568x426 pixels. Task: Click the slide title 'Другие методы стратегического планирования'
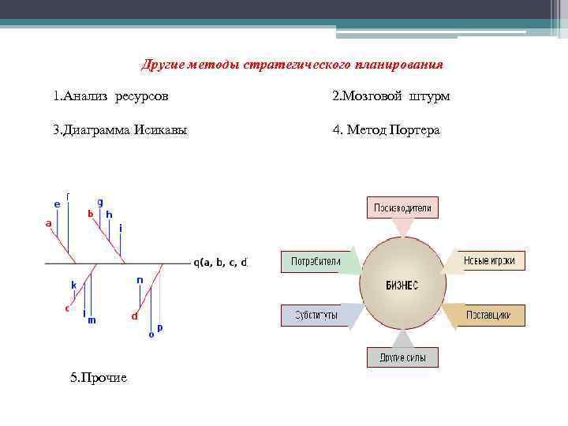coord(292,64)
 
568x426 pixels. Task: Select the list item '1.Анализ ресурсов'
coord(110,96)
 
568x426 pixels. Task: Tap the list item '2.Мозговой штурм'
coord(391,96)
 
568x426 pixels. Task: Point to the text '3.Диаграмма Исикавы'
coord(120,130)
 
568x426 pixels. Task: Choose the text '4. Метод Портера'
coord(386,130)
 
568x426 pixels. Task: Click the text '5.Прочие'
coord(98,378)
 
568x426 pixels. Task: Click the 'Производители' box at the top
coord(402,208)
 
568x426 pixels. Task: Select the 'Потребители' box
coord(315,261)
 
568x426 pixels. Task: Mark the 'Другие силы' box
coord(402,357)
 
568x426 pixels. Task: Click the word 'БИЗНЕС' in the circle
coord(402,285)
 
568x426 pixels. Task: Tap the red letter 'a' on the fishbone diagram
coord(49,223)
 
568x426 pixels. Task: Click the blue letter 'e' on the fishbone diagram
coord(57,204)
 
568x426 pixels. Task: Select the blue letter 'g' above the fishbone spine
coord(100,202)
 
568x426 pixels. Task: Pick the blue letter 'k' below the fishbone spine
coord(73,285)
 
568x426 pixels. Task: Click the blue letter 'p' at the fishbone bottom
coord(160,327)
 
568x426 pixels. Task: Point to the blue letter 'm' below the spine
coord(92,320)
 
